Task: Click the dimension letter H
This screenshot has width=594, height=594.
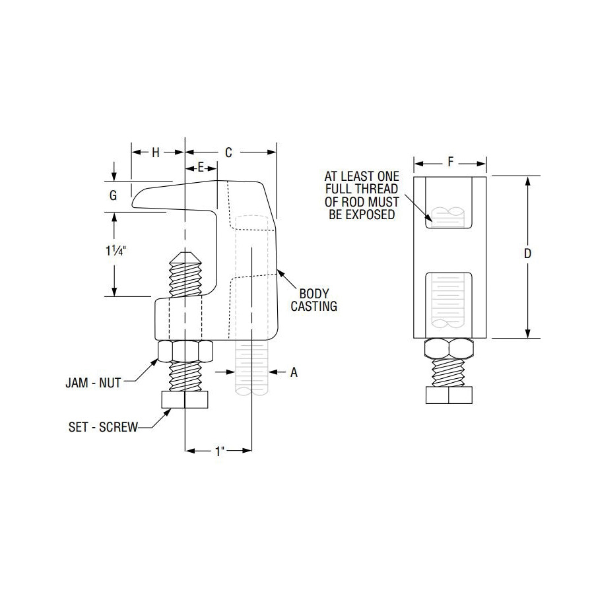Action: click(x=156, y=152)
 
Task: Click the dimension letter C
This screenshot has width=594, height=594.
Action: click(x=228, y=152)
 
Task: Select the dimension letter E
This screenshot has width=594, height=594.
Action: click(x=201, y=167)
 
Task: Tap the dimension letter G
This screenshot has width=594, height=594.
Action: click(x=113, y=195)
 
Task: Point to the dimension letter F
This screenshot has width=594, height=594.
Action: click(x=450, y=162)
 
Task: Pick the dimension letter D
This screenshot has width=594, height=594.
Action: click(x=528, y=253)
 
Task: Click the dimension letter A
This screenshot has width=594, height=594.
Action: click(x=294, y=372)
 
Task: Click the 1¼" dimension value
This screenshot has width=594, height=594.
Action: click(x=115, y=250)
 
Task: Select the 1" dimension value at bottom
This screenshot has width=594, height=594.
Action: click(x=220, y=451)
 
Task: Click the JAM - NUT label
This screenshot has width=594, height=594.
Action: click(x=93, y=383)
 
